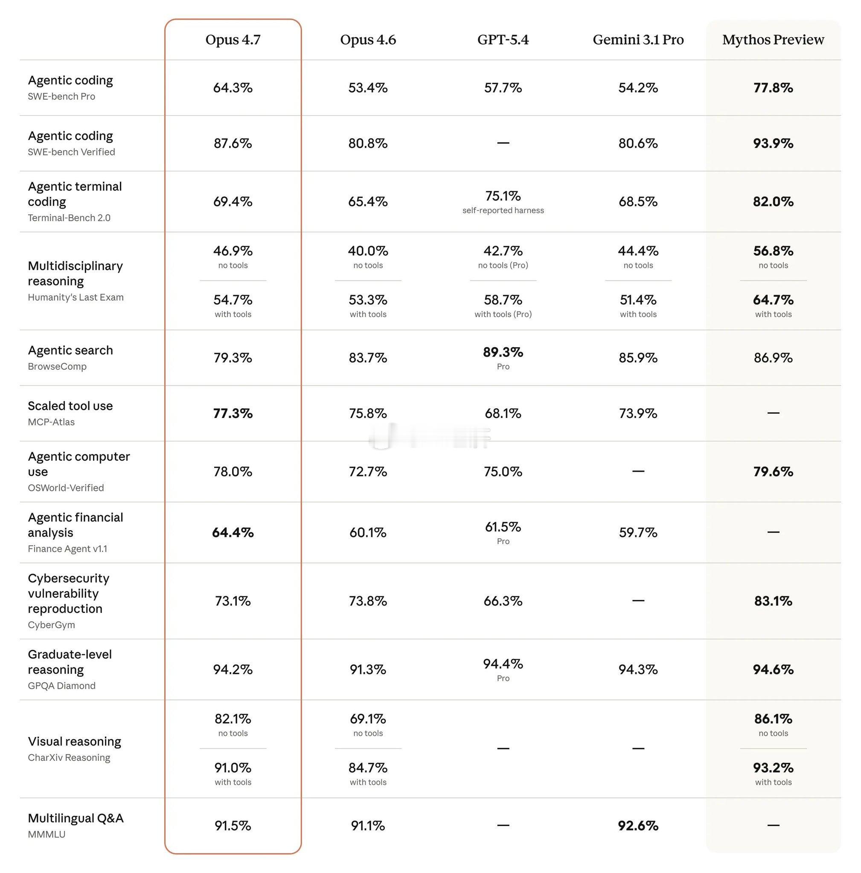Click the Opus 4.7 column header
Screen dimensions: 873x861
pyautogui.click(x=233, y=40)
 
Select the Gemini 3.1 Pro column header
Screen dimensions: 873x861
pyautogui.click(x=638, y=40)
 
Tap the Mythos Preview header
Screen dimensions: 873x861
pyautogui.click(x=773, y=40)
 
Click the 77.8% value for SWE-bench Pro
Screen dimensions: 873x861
pyautogui.click(x=773, y=88)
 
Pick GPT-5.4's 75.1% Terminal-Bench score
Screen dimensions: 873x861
pyautogui.click(x=503, y=196)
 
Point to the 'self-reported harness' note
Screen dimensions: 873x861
pyautogui.click(x=503, y=211)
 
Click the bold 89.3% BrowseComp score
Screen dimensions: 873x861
pyautogui.click(x=503, y=352)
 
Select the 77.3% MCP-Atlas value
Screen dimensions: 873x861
pyautogui.click(x=233, y=413)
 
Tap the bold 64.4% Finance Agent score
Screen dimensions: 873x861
pyautogui.click(x=233, y=533)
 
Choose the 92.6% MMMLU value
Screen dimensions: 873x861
pyautogui.click(x=638, y=826)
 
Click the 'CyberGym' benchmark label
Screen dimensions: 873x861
pyautogui.click(x=52, y=625)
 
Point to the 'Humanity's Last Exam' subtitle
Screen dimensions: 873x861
pyautogui.click(x=76, y=297)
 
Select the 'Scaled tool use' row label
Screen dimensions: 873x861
pyautogui.click(x=70, y=406)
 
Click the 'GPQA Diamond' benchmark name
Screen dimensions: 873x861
pyautogui.click(x=61, y=686)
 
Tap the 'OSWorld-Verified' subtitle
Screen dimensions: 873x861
pyautogui.click(x=66, y=488)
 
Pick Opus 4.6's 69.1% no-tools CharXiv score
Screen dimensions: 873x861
pyautogui.click(x=367, y=719)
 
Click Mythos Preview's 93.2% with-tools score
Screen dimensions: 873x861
pyautogui.click(x=773, y=768)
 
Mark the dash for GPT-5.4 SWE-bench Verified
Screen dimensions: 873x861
pyautogui.click(x=503, y=143)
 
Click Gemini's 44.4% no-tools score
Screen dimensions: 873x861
pyautogui.click(x=638, y=251)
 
